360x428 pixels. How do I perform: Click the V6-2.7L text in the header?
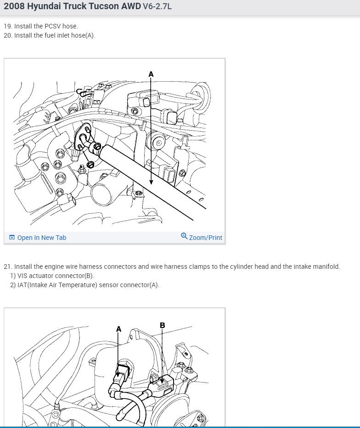tap(157, 6)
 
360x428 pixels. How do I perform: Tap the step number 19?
tap(8, 26)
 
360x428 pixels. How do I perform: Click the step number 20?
tap(8, 35)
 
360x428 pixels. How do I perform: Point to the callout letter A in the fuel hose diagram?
tap(151, 74)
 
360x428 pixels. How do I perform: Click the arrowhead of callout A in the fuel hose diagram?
tap(151, 182)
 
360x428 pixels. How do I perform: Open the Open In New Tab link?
tap(42, 238)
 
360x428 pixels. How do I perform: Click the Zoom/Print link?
tap(206, 238)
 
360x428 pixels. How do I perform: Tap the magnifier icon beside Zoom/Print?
tap(184, 236)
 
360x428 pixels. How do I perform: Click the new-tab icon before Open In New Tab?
tap(12, 237)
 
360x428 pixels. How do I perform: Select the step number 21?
tap(8, 267)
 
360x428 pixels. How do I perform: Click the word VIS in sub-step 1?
tap(22, 276)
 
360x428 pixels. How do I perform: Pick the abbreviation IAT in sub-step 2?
tap(22, 285)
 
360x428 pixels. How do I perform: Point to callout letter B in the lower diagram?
tap(162, 325)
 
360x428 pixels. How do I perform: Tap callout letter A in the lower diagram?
tap(118, 329)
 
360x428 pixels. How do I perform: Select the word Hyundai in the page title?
tap(44, 6)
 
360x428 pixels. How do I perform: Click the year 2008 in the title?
tap(14, 6)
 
